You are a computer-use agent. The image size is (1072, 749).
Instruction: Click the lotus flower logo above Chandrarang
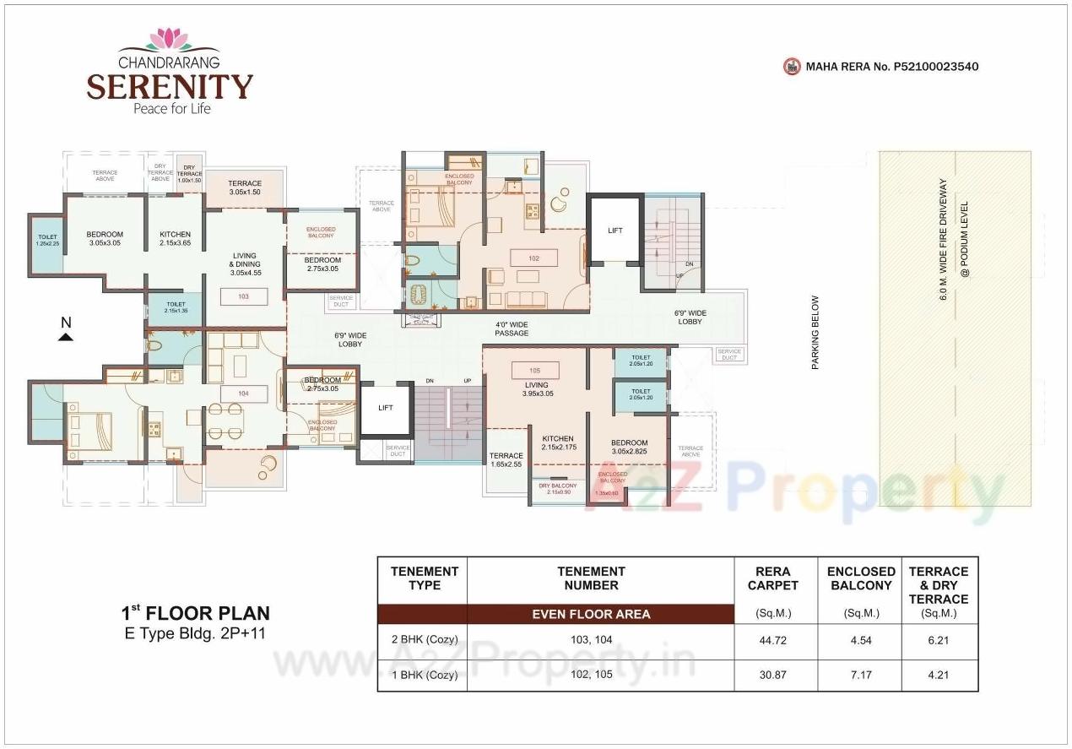170,40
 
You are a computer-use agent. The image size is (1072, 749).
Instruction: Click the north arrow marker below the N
66,337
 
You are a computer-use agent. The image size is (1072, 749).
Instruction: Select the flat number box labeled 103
244,296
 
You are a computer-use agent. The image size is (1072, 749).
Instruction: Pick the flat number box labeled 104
244,393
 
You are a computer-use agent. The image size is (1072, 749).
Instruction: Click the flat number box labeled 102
533,258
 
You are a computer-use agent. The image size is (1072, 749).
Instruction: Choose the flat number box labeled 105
534,370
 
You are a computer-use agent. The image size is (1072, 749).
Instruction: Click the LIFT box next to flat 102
615,230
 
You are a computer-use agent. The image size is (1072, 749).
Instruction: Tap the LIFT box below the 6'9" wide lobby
386,408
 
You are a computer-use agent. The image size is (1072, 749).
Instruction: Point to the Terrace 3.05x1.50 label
245,187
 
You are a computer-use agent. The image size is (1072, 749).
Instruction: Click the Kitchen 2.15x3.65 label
175,239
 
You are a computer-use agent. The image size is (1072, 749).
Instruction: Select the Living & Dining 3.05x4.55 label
246,263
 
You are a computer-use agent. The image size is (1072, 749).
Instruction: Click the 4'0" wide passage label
512,328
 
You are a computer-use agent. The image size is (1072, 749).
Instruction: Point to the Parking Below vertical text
815,332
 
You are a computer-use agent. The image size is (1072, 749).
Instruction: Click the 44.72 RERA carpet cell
773,640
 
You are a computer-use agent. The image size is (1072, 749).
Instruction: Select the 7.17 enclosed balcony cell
860,676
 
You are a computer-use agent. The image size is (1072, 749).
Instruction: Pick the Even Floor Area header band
591,614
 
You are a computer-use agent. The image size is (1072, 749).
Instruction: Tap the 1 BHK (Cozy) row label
424,676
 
